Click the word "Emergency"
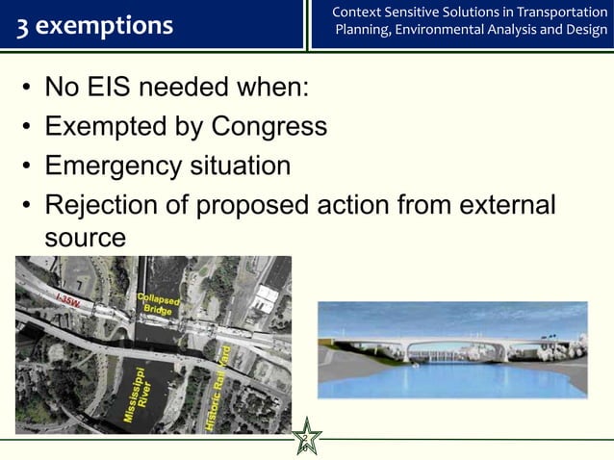109,166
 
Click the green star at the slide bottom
307,438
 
